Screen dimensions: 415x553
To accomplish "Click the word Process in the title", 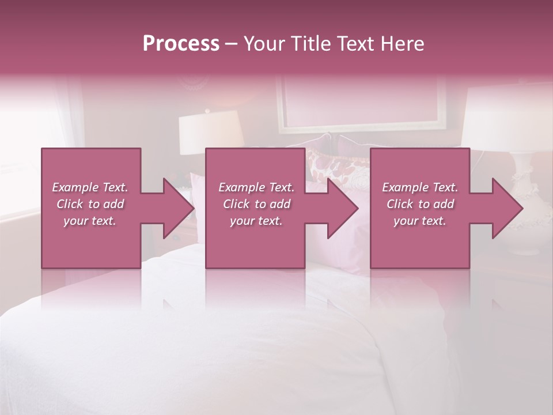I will click(181, 44).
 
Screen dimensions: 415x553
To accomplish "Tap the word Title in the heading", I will click(312, 44).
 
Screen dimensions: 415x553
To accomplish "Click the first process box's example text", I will click(90, 204).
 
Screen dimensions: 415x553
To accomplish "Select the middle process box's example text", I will click(256, 204).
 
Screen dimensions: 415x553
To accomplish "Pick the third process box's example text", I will click(420, 204).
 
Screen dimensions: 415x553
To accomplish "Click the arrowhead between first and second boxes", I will click(179, 208).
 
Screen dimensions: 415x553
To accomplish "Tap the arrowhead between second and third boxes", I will click(343, 208).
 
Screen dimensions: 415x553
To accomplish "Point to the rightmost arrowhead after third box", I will click(507, 208).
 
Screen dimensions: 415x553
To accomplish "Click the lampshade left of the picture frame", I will click(210, 131).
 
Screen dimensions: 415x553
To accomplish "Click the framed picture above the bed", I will click(362, 104).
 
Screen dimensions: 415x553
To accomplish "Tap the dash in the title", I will click(231, 44).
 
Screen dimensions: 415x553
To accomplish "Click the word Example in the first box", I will click(75, 187).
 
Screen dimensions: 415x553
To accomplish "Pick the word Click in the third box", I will click(400, 204).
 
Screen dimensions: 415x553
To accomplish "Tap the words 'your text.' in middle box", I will click(256, 221).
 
